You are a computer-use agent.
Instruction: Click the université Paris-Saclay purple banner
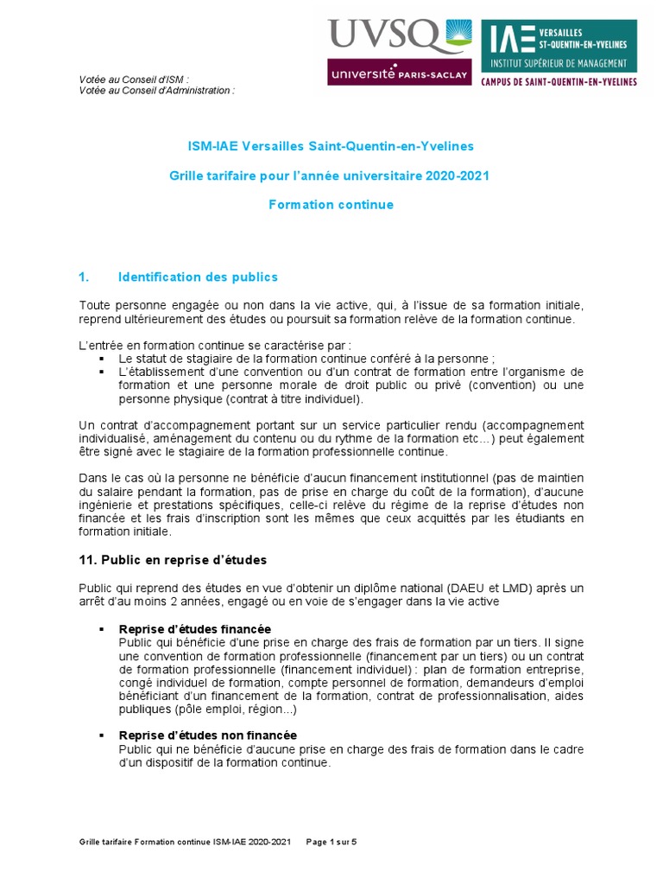[398, 73]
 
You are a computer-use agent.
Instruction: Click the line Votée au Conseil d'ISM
[134, 80]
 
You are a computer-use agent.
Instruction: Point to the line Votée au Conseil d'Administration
[156, 90]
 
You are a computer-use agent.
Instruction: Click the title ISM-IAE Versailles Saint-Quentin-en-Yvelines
[331, 146]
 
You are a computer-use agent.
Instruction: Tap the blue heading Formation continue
[331, 205]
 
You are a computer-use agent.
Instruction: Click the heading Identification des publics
[198, 277]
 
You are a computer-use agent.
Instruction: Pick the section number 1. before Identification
[84, 277]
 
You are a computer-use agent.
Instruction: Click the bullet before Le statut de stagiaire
[101, 358]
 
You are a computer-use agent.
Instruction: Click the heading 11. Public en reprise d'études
[173, 559]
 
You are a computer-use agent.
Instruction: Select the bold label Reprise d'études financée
[195, 627]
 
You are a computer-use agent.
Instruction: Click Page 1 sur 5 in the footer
[331, 841]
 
